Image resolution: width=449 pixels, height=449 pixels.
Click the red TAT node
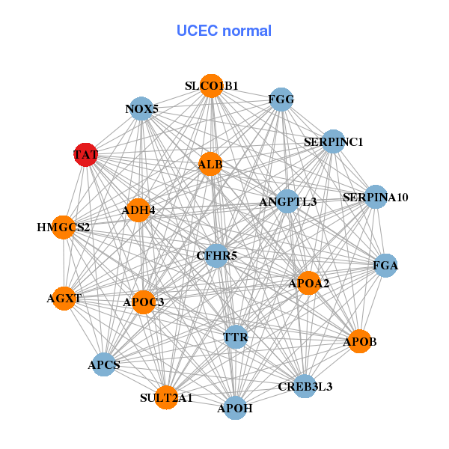86,155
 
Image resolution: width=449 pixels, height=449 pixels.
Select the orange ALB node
210,165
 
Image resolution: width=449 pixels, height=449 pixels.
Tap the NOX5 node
141,109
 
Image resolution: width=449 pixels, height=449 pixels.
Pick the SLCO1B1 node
212,86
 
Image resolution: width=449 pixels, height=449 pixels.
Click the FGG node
281,100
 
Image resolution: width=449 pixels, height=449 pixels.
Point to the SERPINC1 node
333,141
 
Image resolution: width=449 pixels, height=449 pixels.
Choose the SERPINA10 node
376,198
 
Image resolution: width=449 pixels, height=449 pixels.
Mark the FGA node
385,266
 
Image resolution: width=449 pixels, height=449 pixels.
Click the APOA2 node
309,283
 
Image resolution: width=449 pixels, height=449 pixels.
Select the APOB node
360,341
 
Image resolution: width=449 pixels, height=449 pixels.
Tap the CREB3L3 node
305,386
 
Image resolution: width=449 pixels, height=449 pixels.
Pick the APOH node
235,408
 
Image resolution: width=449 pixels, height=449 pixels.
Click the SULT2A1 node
166,397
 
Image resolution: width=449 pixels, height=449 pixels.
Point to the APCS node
104,364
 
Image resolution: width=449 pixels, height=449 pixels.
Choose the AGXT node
64,298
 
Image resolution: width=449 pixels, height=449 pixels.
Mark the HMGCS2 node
64,227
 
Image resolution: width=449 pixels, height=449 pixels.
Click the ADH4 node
138,210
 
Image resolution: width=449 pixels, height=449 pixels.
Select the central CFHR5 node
217,256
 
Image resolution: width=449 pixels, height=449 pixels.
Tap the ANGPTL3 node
288,201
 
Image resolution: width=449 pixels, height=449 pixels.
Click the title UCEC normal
224,31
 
